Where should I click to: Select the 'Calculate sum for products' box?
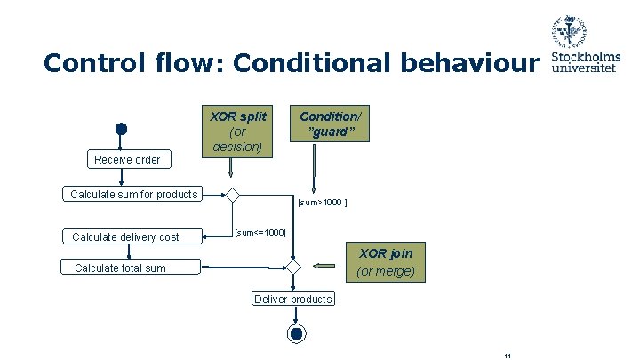coord(134,195)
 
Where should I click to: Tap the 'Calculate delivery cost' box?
coord(125,236)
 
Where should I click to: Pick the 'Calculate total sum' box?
coord(120,268)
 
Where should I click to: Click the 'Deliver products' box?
coord(292,299)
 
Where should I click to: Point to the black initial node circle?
coord(121,129)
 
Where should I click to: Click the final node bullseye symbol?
coord(294,333)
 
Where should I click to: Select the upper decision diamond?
coord(232,196)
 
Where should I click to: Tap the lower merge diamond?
coord(292,267)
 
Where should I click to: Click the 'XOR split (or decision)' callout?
coord(237,132)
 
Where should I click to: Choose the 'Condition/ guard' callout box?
coord(326,124)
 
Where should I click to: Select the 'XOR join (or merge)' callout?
coord(385,261)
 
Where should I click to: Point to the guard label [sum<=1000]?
coord(260,232)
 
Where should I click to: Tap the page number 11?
coord(507,356)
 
